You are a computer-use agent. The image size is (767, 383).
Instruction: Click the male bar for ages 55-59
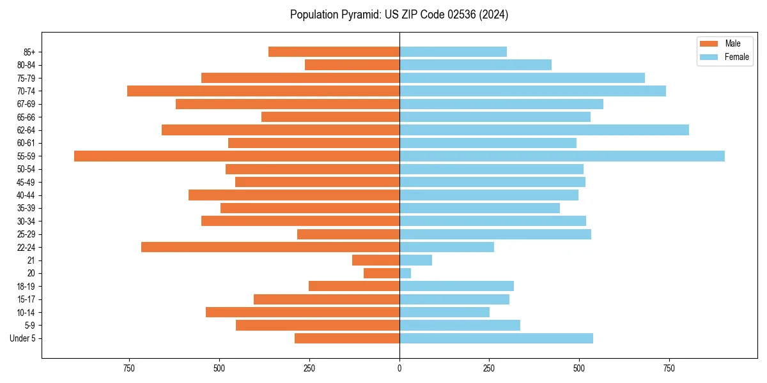236,156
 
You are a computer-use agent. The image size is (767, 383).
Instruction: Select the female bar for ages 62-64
544,130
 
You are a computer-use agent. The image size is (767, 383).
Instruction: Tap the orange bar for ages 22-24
270,247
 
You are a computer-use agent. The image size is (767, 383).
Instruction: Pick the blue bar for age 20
405,273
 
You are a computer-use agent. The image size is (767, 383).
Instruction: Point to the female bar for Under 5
496,338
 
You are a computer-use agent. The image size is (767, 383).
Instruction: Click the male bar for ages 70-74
263,91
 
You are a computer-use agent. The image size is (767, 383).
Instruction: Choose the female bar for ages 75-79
522,78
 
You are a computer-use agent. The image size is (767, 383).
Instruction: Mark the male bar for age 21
376,260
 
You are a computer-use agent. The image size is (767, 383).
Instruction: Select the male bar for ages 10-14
302,312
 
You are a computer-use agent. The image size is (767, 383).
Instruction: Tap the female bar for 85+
453,52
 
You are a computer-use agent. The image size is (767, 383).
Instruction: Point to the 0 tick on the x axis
399,368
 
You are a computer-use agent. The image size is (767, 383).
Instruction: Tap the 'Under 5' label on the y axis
23,338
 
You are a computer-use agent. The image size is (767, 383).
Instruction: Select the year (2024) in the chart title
497,15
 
